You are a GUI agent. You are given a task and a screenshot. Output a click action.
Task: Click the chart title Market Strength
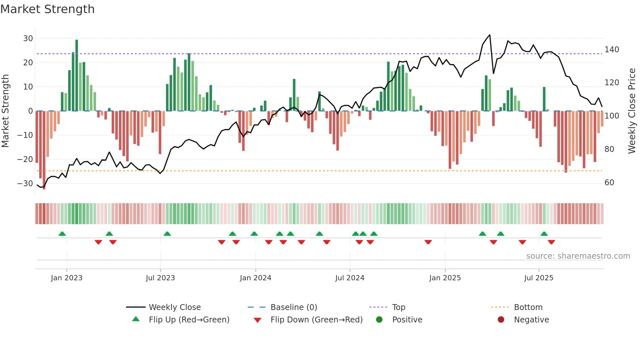tap(47, 9)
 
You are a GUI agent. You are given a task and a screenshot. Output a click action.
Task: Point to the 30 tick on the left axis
tap(28, 39)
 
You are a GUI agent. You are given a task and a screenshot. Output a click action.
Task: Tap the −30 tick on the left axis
tap(25, 184)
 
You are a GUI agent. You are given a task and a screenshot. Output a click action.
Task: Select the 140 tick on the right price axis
tap(612, 50)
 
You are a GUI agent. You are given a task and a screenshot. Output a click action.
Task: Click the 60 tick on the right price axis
tap(609, 183)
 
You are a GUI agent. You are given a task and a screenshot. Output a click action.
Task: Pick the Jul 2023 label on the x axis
tap(160, 278)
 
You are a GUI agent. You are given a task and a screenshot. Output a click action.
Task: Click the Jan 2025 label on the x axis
tap(445, 278)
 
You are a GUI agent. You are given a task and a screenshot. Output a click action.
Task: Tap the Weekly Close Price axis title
tap(632, 111)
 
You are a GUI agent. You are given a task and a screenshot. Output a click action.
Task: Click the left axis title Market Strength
tap(5, 111)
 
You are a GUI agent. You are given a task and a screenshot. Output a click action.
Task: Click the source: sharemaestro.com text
tap(578, 256)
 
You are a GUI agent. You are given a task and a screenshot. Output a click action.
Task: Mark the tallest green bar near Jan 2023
tap(77, 75)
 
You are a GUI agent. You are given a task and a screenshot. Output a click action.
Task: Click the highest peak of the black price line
tap(489, 35)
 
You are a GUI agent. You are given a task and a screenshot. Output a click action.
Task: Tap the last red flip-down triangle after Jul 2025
tap(551, 242)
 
